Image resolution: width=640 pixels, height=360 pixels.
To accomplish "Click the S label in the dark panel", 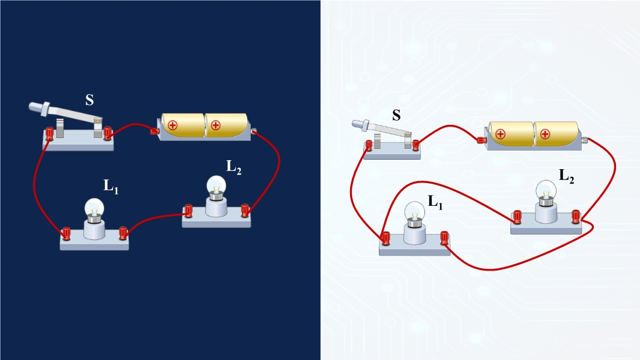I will coord(89,100).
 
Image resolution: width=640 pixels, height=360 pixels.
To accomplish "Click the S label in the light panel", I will coord(396,115).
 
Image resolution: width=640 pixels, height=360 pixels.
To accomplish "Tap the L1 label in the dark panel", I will coord(111,187).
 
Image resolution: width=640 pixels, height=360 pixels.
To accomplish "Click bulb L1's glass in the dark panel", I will coord(94,208).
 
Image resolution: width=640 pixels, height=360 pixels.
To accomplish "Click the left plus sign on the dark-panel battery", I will coord(173,125).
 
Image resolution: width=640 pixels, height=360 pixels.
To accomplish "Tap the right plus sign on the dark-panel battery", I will coord(216,125).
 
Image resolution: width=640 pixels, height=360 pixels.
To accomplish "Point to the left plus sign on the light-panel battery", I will coord(500,134).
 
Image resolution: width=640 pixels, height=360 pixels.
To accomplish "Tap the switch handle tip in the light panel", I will coord(355,124).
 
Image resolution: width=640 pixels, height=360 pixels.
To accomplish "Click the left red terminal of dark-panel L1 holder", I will coord(65,232).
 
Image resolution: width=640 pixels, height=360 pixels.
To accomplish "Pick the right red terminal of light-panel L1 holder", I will coord(445,238).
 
